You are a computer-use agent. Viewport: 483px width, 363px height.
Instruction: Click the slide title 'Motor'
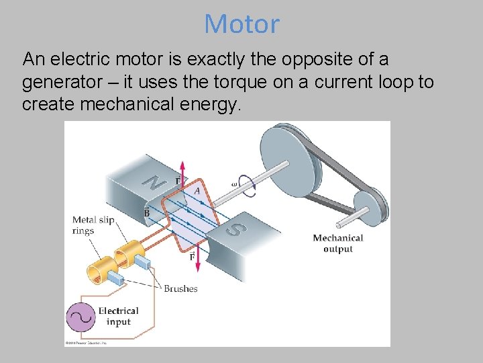click(241, 24)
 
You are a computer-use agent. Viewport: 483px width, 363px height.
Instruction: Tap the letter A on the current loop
click(197, 191)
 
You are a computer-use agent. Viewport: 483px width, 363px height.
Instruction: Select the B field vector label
click(146, 212)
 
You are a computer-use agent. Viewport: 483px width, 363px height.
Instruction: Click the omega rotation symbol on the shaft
click(234, 183)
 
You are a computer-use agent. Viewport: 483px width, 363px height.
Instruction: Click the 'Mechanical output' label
click(337, 243)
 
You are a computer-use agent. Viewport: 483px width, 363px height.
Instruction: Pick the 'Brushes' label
click(180, 289)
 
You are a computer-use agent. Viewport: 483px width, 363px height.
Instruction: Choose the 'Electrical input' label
click(118, 316)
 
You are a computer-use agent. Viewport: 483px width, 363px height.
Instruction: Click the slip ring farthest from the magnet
click(100, 265)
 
